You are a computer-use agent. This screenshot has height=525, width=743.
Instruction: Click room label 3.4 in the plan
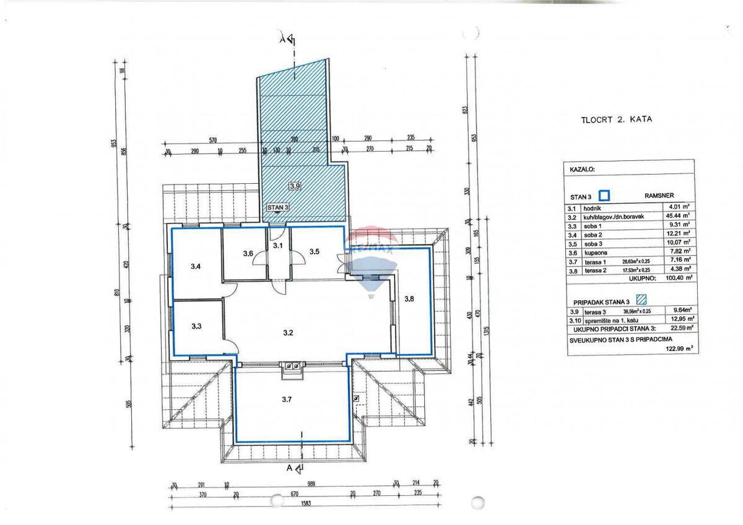click(196, 266)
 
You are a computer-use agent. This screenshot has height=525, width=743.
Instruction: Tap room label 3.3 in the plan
click(196, 326)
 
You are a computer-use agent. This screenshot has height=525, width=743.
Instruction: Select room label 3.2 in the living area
click(287, 333)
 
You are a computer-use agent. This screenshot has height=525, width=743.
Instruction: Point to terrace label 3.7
click(286, 400)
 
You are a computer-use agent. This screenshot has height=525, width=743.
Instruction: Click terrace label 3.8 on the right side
click(409, 299)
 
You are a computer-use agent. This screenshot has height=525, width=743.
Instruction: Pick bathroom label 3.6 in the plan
click(248, 253)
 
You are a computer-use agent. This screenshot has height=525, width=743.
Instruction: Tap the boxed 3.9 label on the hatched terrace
click(295, 185)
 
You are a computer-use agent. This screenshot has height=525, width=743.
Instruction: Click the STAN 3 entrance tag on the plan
click(278, 208)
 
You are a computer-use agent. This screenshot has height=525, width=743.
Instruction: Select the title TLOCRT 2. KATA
click(616, 119)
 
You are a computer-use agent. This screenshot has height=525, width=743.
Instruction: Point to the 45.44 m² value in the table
click(678, 217)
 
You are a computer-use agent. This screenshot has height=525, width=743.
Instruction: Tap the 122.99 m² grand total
click(678, 349)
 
